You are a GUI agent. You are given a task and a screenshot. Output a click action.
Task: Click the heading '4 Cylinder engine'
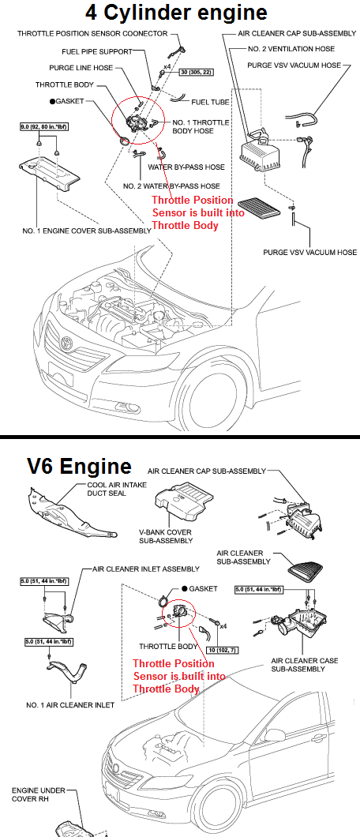pyautogui.click(x=180, y=13)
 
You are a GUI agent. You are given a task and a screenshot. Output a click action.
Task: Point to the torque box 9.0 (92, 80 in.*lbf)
pyautogui.click(x=40, y=126)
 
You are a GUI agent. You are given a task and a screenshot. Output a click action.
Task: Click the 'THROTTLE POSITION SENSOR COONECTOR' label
pyautogui.click(x=92, y=34)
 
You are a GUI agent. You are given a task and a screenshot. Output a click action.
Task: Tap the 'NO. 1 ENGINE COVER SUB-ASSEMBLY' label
pyautogui.click(x=76, y=231)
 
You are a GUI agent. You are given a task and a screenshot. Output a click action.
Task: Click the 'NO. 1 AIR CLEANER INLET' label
pyautogui.click(x=70, y=704)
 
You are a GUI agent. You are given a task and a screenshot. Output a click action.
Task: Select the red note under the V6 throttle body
pyautogui.click(x=179, y=676)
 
